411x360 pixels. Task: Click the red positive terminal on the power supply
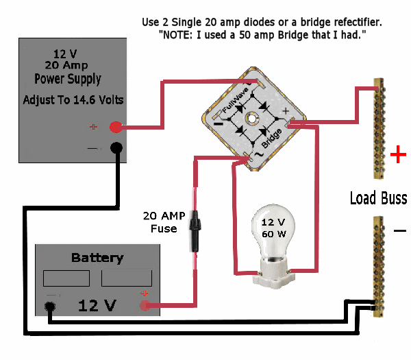116,127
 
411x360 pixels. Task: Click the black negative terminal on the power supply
116,148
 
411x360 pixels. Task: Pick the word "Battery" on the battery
97,259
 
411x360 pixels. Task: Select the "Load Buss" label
378,198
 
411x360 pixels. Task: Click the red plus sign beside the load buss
397,156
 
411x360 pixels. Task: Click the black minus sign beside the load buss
399,230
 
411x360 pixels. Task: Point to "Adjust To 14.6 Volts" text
73,100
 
